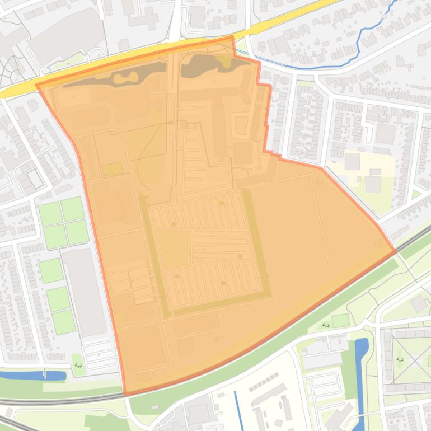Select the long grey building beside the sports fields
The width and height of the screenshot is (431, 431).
point(84,292)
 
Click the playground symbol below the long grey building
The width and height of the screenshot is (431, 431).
point(78,366)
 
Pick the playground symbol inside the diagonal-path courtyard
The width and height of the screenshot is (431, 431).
point(400,359)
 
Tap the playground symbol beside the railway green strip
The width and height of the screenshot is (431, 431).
point(326,325)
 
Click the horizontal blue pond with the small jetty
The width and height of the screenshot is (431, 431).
point(28,376)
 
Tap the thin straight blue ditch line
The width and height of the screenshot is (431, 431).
point(238,409)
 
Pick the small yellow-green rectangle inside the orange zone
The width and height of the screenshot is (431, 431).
point(112,168)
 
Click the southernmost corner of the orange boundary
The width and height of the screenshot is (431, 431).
point(124,395)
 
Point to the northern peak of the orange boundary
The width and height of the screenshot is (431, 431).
point(232,37)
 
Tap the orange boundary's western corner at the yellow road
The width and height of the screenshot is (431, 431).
point(37,85)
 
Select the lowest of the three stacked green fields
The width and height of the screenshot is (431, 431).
point(63,322)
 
